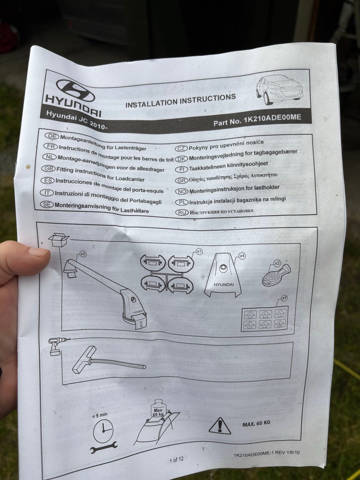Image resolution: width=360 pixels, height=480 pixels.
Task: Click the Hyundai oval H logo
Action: tap(75, 91)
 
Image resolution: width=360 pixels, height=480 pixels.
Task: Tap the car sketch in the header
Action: tap(280, 89)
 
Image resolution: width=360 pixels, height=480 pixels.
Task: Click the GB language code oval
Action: tap(48, 169)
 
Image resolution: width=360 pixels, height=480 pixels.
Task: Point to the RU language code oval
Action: tap(182, 213)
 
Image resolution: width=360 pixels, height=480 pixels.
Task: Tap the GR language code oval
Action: tap(181, 180)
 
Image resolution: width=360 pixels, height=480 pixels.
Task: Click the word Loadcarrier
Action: tap(130, 178)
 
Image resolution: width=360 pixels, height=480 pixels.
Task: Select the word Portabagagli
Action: tap(145, 201)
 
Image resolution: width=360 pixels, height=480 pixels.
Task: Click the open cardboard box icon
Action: tap(58, 240)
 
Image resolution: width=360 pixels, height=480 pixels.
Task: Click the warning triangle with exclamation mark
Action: tap(220, 426)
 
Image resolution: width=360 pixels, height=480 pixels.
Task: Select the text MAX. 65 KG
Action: tap(256, 423)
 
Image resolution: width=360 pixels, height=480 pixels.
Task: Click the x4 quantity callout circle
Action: tap(242, 256)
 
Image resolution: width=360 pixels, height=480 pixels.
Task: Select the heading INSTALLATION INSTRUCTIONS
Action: tap(180, 101)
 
